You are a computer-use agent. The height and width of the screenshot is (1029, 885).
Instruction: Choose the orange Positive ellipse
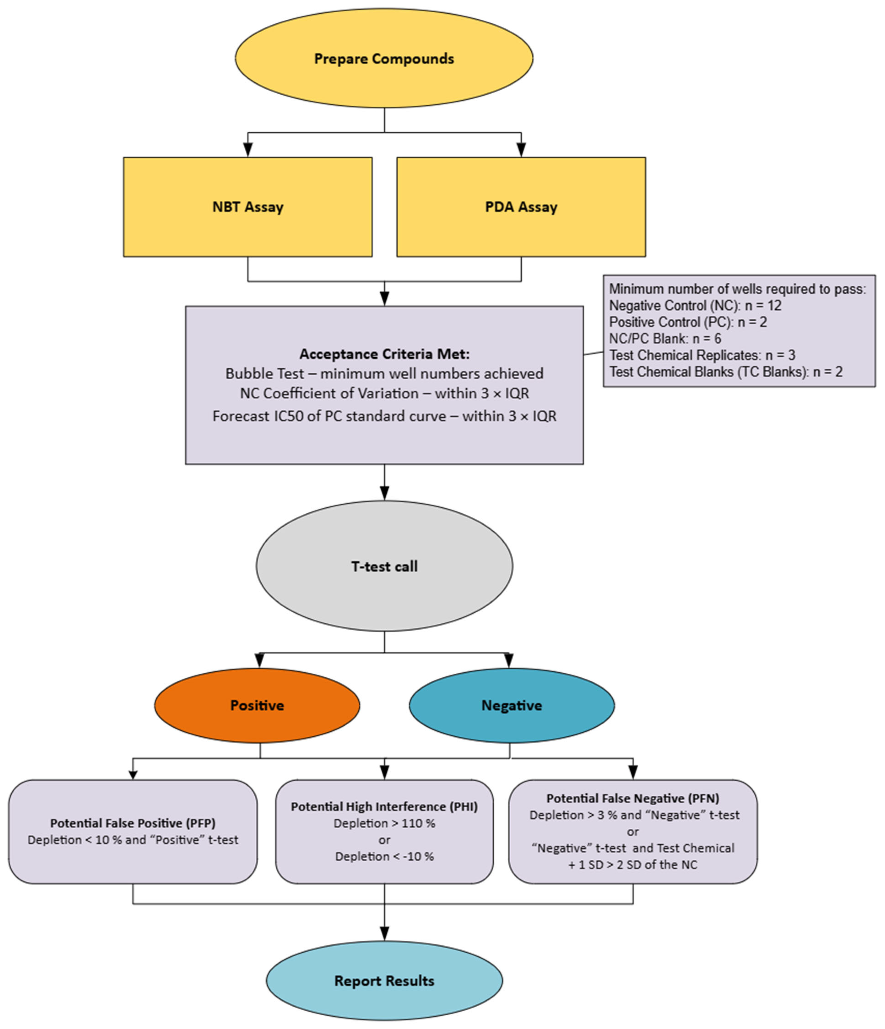(257, 705)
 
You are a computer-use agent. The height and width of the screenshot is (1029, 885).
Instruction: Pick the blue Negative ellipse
(511, 705)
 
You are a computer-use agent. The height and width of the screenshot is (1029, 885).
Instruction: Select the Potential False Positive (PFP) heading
(133, 823)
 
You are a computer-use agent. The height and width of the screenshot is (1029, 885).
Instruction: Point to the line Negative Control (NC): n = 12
(695, 305)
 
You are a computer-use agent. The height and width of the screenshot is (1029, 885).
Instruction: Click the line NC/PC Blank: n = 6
(665, 339)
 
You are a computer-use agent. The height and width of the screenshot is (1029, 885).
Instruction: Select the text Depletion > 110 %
(384, 823)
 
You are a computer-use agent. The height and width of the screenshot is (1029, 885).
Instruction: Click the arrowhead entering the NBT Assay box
(248, 150)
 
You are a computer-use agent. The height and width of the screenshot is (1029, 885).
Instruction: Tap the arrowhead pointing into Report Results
(384, 934)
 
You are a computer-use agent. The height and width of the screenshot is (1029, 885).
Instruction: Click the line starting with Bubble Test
(384, 373)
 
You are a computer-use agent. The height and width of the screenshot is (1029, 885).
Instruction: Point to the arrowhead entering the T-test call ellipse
(384, 493)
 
